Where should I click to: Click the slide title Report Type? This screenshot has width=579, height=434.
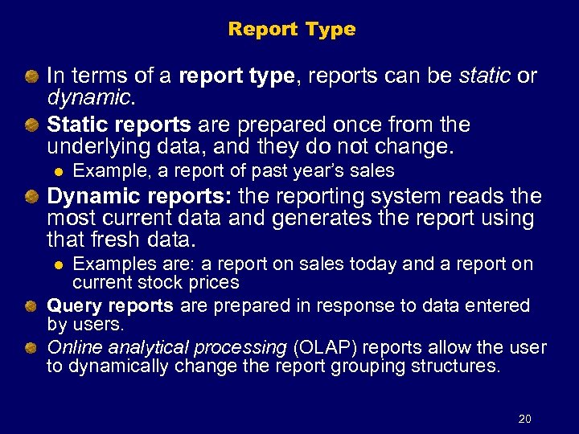[x=291, y=30]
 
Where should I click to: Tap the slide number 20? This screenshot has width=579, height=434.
[x=525, y=419]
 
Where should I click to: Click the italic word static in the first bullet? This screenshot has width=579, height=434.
[x=484, y=76]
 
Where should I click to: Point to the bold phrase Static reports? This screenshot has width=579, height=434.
[x=118, y=125]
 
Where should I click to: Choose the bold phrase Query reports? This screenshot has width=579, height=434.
[x=110, y=306]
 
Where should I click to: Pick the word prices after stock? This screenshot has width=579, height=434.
[x=216, y=283]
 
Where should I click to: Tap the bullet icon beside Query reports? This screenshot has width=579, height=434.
[x=31, y=306]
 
